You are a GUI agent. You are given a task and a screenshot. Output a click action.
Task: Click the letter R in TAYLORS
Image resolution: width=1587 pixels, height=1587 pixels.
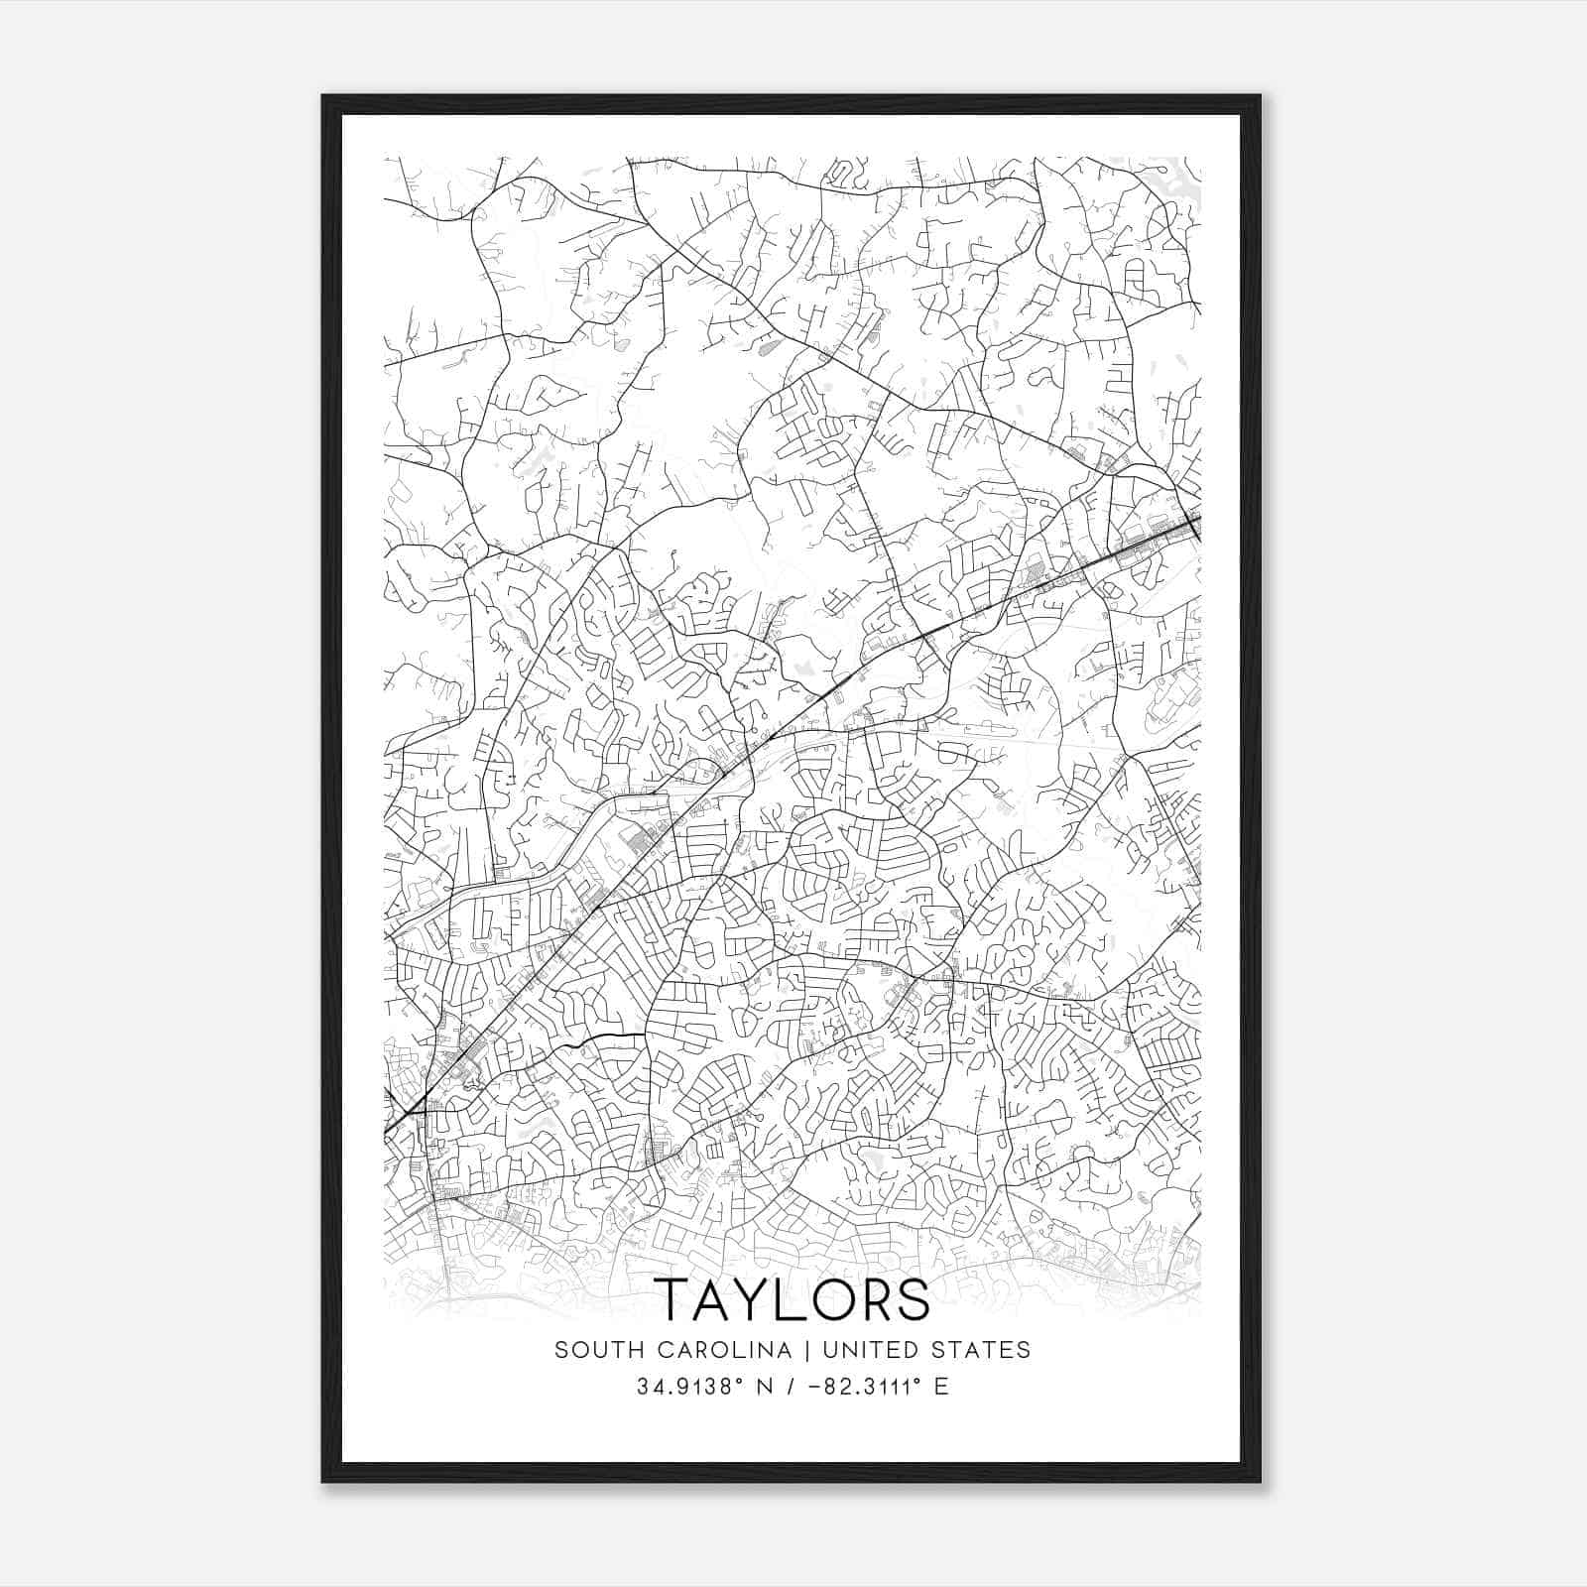click(882, 1299)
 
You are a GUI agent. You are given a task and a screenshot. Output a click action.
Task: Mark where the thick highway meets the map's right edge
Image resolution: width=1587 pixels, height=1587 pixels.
click(1199, 518)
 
